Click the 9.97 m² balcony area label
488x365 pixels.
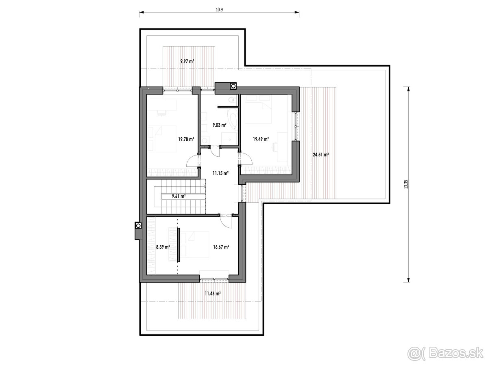187,61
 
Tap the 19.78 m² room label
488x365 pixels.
185,139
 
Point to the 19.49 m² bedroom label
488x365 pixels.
261,139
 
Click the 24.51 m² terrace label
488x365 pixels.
321,154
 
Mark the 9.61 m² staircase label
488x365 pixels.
179,196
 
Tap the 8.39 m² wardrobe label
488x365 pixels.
163,246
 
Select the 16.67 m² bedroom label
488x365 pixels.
221,246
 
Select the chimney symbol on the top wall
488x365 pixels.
233,86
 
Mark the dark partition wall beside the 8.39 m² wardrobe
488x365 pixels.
179,245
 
